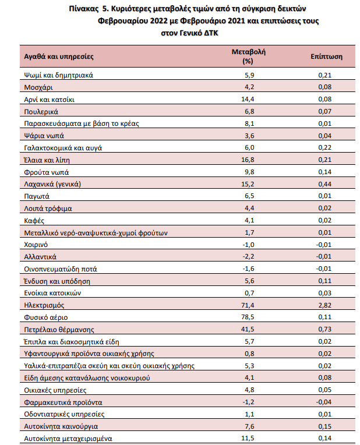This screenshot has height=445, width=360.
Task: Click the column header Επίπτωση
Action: [x=326, y=56]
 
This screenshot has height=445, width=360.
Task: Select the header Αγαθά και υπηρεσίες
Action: [x=59, y=56]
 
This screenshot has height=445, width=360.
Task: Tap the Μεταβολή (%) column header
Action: [x=248, y=56]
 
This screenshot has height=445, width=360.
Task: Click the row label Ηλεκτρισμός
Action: [x=44, y=305]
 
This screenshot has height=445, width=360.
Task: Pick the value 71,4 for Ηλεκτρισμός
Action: [x=248, y=305]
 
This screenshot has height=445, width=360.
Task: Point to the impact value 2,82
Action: [x=325, y=305]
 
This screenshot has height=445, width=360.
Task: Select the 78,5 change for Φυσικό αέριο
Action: [x=248, y=317]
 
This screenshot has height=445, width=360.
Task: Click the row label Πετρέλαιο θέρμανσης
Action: [x=59, y=330]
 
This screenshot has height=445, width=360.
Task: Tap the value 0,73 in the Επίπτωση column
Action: [x=325, y=329]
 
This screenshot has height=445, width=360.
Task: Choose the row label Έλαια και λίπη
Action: [x=47, y=160]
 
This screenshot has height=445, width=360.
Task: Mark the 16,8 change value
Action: [x=248, y=160]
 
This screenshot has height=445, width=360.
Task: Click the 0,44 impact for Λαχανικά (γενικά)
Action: [x=325, y=184]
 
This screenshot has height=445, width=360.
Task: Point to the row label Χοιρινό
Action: [x=36, y=245]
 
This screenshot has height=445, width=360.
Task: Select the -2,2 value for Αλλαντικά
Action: [x=248, y=256]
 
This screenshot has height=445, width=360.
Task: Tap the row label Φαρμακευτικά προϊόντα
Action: [x=63, y=402]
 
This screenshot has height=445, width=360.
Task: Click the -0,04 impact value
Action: [x=324, y=402]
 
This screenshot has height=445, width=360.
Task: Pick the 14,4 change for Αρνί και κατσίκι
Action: [x=248, y=99]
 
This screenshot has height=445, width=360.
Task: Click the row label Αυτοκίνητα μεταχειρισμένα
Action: [x=68, y=439]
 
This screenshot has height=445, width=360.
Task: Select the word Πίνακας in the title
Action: [x=83, y=9]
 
